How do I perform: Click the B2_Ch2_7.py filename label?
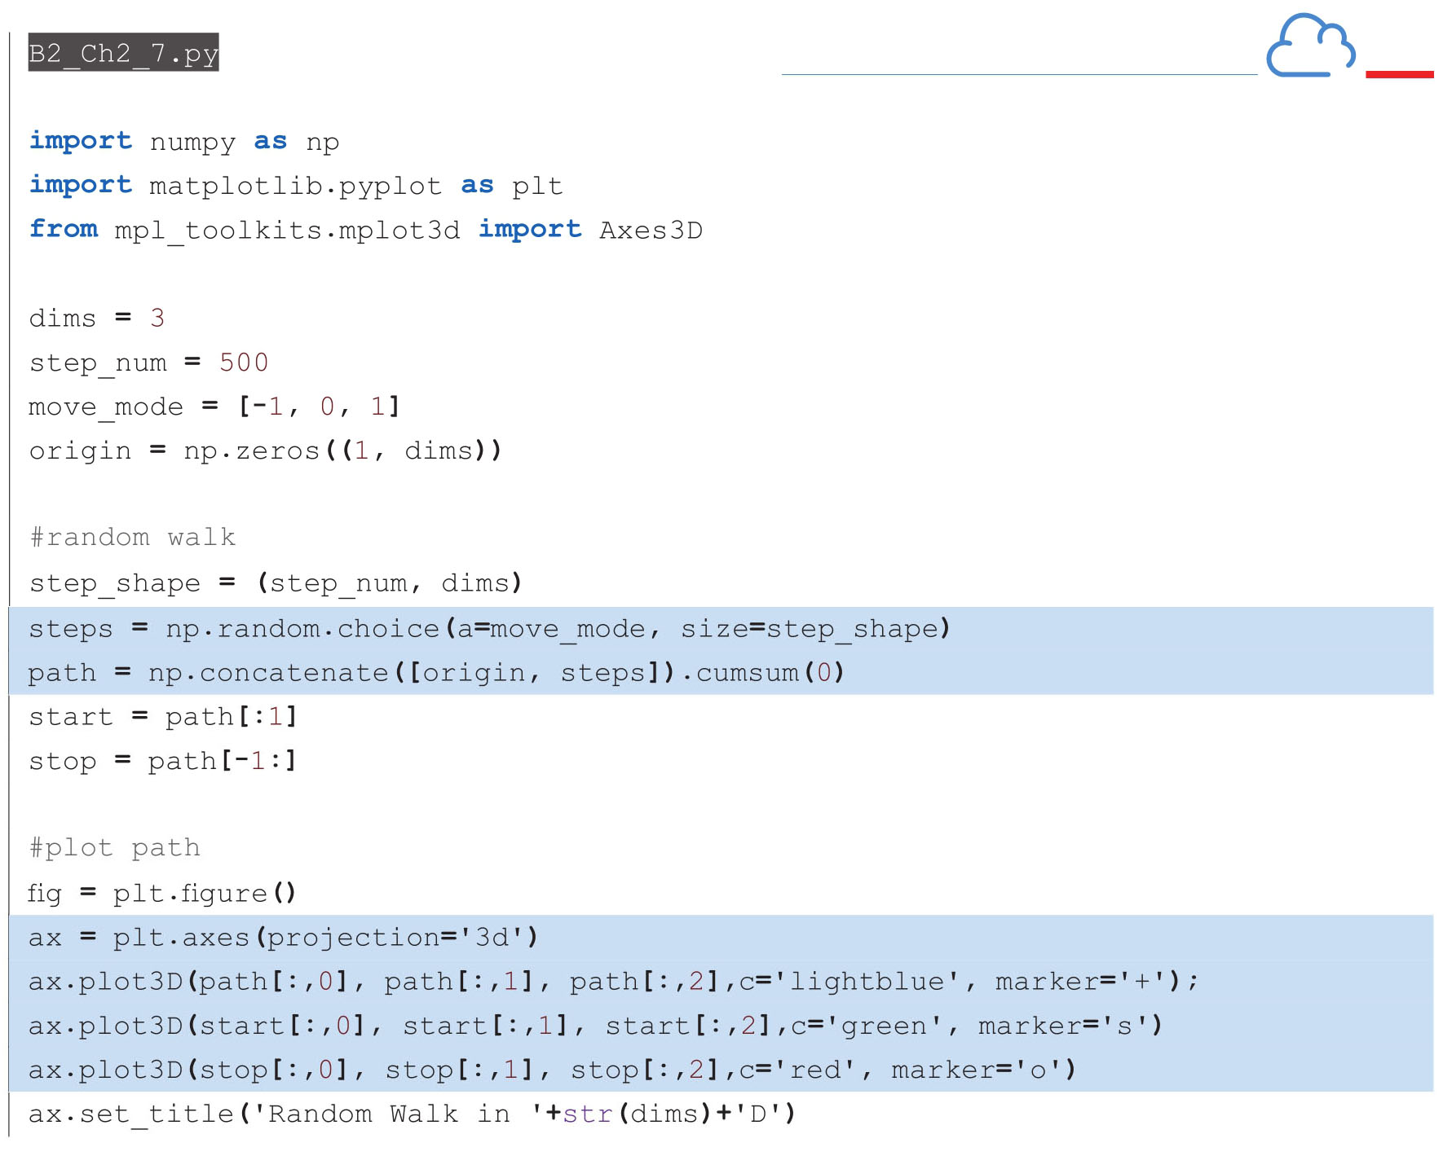tap(123, 53)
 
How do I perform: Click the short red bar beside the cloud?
tap(1399, 74)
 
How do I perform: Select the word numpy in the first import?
tap(192, 143)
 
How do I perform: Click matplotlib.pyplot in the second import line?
tap(295, 187)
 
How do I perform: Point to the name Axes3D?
tap(651, 231)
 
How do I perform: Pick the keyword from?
tap(64, 229)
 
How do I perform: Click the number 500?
tap(244, 363)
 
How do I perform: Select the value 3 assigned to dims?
tap(157, 318)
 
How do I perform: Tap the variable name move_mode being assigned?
tap(106, 407)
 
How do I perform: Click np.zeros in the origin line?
tap(252, 451)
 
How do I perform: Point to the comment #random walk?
tap(132, 538)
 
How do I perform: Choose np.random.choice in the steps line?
tap(302, 629)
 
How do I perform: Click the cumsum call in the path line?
tap(747, 673)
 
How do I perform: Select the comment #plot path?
tap(114, 848)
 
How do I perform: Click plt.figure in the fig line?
tap(190, 894)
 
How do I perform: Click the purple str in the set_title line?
tap(587, 1114)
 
